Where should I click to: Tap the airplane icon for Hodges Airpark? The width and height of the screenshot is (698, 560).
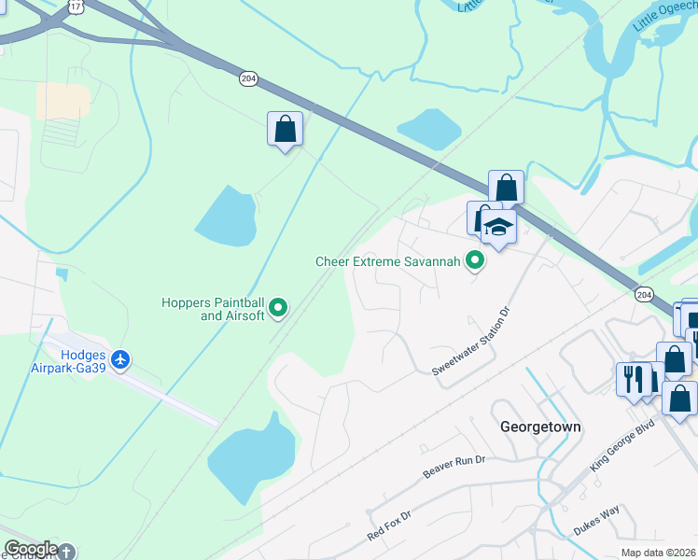(120, 358)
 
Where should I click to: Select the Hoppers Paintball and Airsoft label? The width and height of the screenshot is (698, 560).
(213, 309)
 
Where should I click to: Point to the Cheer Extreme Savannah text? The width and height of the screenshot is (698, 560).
(388, 262)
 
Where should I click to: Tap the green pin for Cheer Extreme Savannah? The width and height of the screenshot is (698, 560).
(475, 260)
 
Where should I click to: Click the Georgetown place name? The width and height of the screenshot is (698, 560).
(540, 427)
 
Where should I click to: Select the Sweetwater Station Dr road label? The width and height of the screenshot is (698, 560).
(473, 342)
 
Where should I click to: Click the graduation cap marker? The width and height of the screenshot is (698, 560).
(499, 228)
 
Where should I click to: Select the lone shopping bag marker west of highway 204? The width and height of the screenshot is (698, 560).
(285, 129)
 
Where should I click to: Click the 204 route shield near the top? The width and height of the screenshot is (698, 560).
(247, 79)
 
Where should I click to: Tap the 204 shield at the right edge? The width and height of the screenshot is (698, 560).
(644, 294)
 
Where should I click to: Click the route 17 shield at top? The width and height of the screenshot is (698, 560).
(76, 7)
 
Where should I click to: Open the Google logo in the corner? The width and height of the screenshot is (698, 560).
(31, 549)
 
